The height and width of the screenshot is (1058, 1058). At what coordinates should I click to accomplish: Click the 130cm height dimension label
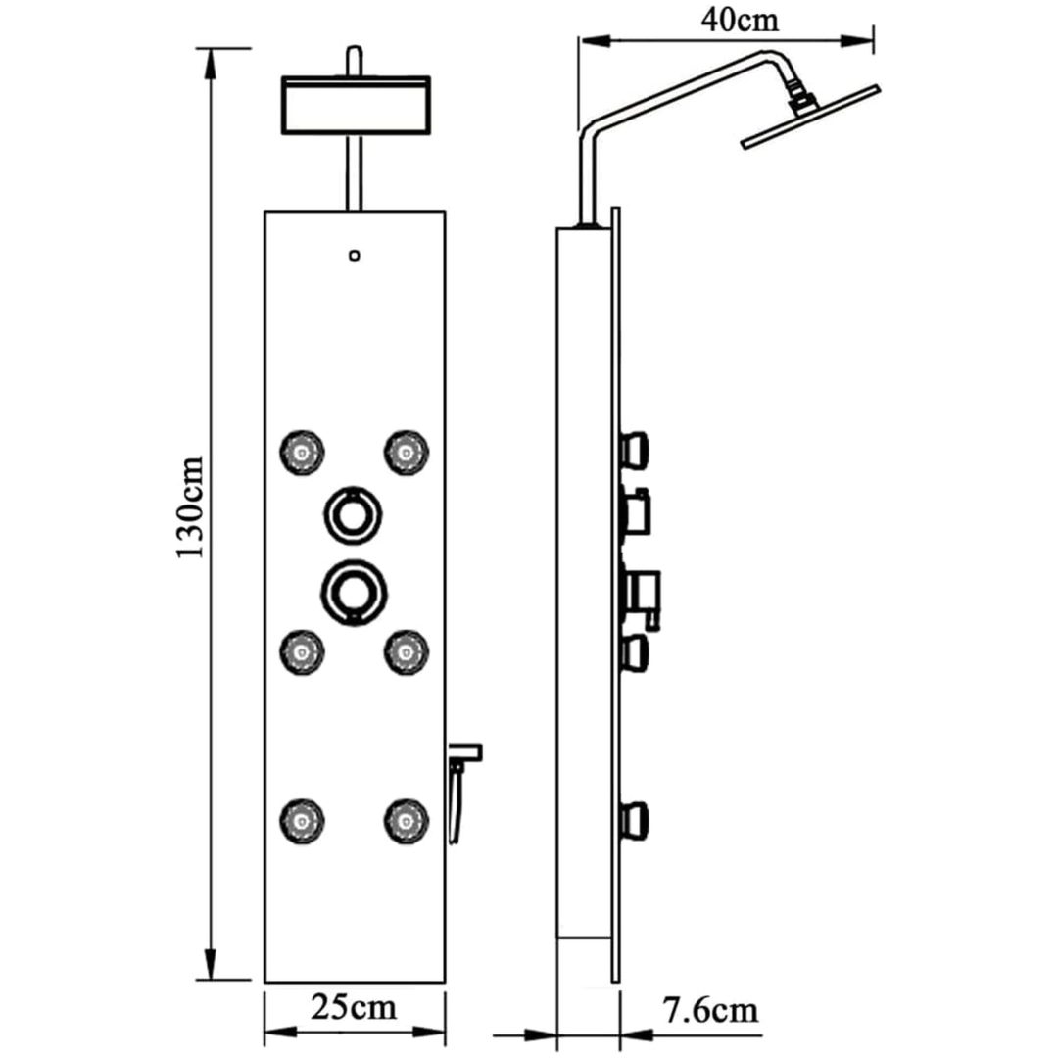[190, 507]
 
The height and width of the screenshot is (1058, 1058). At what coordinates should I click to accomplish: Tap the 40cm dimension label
[740, 21]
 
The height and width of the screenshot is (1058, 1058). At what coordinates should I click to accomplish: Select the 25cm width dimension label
[354, 1008]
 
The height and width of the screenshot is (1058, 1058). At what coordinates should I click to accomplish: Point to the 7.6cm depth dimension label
[710, 1011]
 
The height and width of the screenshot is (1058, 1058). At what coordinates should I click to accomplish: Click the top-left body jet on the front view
[303, 452]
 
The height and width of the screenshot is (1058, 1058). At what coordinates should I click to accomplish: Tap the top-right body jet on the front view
[407, 452]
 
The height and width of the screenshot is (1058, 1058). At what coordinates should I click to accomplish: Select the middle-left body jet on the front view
[303, 651]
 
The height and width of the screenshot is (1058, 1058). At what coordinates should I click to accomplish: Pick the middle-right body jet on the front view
[407, 651]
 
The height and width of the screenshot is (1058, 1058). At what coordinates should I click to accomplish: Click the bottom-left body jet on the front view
[303, 821]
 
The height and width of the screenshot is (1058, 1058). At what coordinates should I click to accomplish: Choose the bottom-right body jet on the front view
[407, 821]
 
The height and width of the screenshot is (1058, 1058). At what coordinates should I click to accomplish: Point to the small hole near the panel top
[355, 255]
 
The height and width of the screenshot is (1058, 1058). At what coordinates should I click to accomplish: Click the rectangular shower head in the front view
[356, 106]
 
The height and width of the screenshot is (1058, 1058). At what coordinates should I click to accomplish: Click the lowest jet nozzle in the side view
[634, 820]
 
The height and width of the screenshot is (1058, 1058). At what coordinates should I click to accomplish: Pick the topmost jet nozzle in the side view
[634, 450]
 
